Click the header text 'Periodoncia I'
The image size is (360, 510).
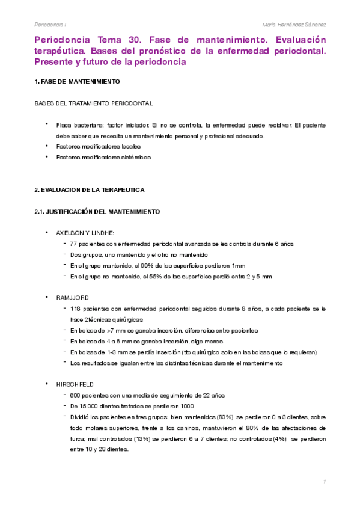pos(50,25)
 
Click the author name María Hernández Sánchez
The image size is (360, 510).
pos(294,25)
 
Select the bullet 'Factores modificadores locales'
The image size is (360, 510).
pos(98,146)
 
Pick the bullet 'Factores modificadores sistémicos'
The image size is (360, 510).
pos(103,157)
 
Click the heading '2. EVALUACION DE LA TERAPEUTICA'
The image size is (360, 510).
pos(89,189)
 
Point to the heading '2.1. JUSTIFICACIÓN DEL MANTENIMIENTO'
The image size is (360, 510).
pos(97,211)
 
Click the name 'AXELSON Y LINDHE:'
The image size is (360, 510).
pos(85,232)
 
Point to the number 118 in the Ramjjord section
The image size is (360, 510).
pos(76,309)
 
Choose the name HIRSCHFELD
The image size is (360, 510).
pos(74,383)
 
